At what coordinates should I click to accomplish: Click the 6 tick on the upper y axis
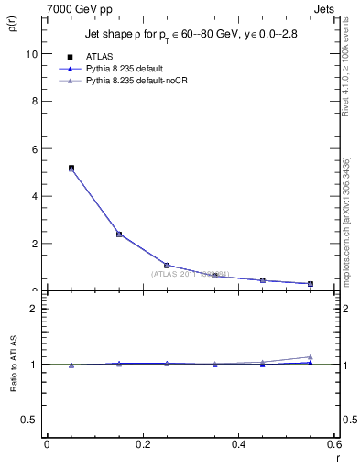35,148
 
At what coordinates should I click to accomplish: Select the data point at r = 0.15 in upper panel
119,234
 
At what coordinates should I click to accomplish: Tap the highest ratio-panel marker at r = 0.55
311,356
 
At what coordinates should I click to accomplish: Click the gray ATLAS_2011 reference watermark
191,273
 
